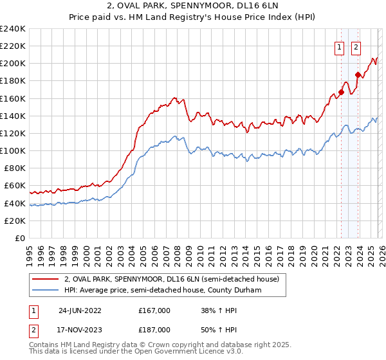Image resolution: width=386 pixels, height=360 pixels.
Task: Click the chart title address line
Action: click(x=192, y=6)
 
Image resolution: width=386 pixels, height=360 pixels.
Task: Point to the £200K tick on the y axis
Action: click(x=13, y=64)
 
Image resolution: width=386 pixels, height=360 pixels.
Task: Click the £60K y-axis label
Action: click(x=15, y=186)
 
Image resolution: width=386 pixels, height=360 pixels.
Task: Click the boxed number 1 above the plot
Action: click(x=338, y=46)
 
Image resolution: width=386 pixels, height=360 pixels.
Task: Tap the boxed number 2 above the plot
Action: click(x=356, y=46)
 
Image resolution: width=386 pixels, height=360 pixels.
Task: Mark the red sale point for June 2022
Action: click(x=341, y=92)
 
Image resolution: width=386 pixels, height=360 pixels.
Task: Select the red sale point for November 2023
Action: click(x=357, y=75)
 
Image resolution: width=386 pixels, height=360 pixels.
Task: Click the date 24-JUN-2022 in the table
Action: click(x=80, y=310)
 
